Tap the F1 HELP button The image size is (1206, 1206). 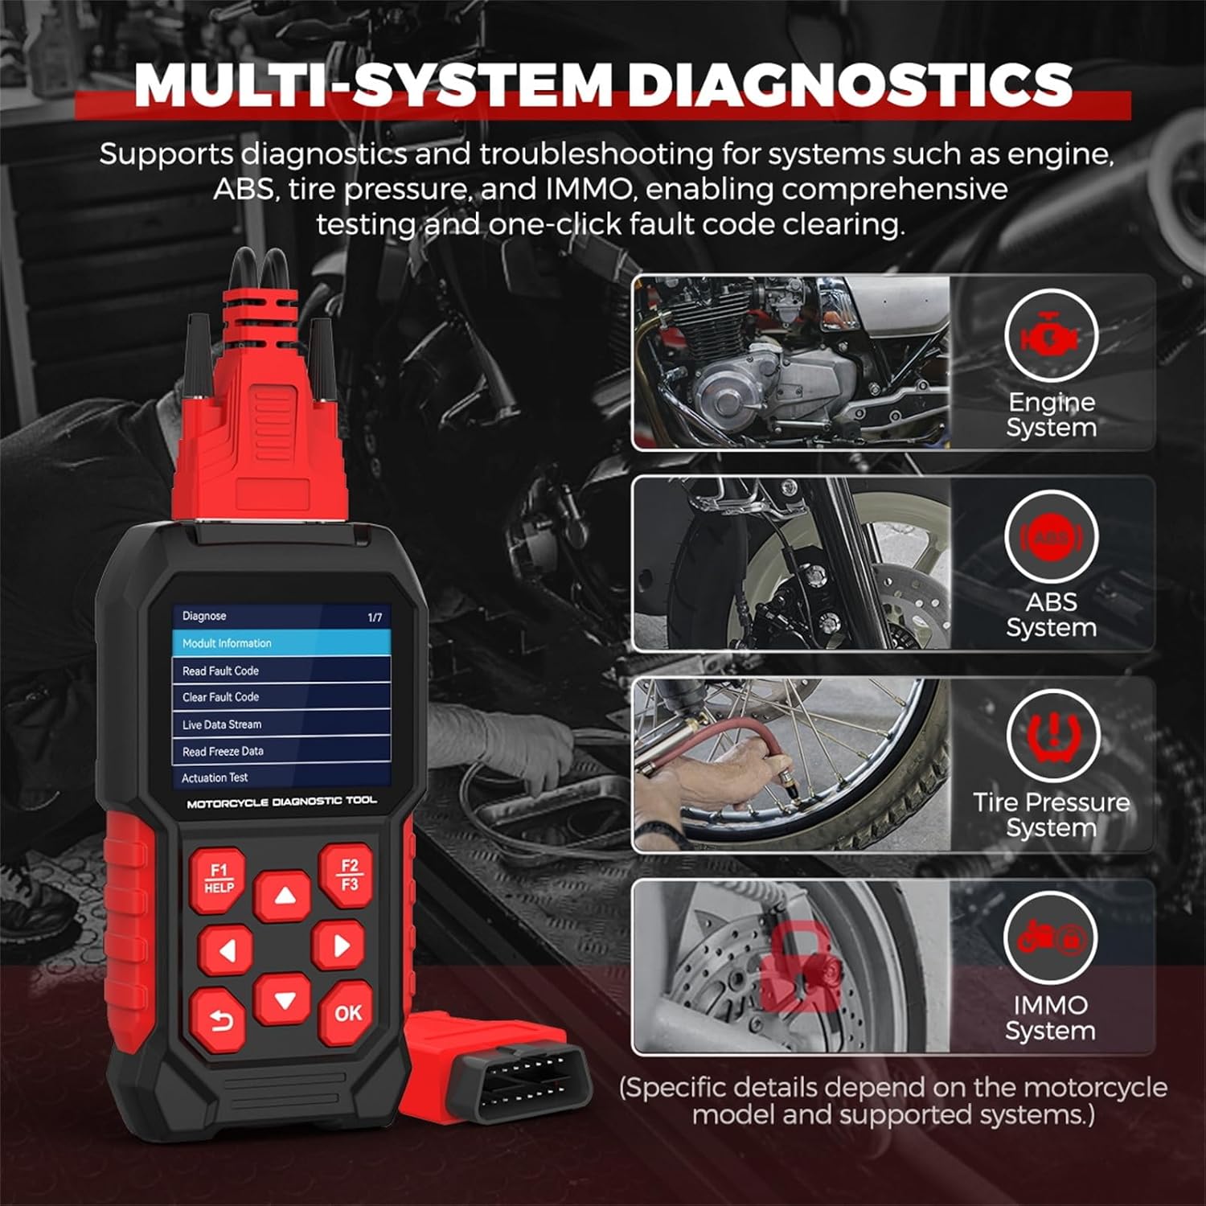point(218,878)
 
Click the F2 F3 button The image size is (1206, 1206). point(347,875)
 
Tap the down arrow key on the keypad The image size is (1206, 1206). point(283,1000)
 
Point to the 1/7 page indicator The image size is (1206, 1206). point(375,617)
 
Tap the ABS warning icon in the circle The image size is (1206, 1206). point(1051,537)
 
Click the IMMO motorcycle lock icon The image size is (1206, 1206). point(1051,937)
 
